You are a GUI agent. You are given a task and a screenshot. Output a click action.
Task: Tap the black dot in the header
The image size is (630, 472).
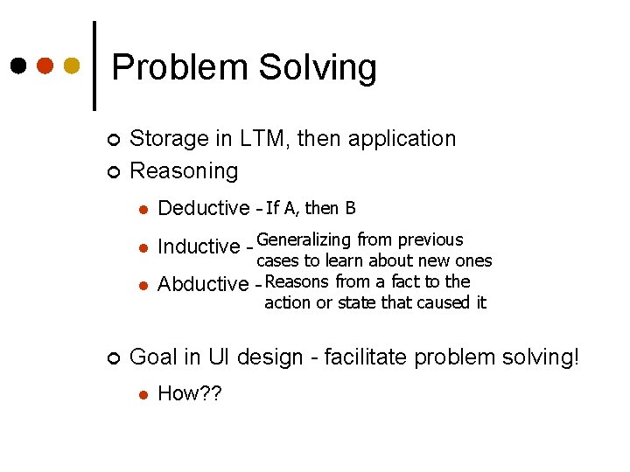(18, 66)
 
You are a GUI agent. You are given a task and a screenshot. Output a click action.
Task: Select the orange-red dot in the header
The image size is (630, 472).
(45, 66)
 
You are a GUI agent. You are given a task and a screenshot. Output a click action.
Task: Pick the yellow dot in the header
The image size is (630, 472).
(73, 66)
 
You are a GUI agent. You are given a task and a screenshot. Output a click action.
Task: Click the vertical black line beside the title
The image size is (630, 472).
(94, 66)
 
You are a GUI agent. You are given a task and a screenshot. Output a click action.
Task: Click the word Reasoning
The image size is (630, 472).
(183, 171)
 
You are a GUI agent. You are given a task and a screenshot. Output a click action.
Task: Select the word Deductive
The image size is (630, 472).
(203, 208)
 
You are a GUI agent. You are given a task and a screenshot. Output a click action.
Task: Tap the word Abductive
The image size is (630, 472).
(203, 284)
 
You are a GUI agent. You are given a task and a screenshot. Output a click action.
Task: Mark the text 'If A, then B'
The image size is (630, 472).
(311, 208)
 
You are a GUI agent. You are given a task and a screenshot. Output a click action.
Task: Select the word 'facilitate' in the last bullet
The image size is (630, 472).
(359, 357)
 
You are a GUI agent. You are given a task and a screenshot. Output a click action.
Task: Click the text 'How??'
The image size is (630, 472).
(190, 393)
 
